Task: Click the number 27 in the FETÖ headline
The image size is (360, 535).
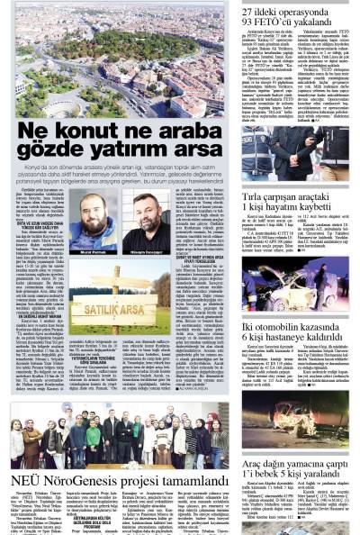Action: point(252,10)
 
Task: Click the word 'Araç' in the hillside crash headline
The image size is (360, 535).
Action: point(256,462)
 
